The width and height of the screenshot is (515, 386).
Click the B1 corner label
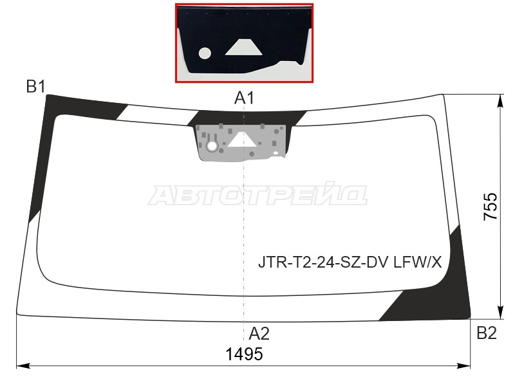coord(36,87)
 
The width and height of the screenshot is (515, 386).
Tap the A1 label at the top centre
coord(244,98)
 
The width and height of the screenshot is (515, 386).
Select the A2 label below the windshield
coord(259,334)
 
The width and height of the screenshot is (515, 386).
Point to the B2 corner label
coord(487,333)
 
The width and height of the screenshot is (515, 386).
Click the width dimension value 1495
coord(245,354)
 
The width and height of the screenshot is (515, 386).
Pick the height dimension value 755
coord(491,207)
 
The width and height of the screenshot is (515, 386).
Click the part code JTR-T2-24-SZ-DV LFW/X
coord(350,262)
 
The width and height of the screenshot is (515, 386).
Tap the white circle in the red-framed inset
coord(205,53)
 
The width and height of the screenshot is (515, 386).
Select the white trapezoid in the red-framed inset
coord(244,47)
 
